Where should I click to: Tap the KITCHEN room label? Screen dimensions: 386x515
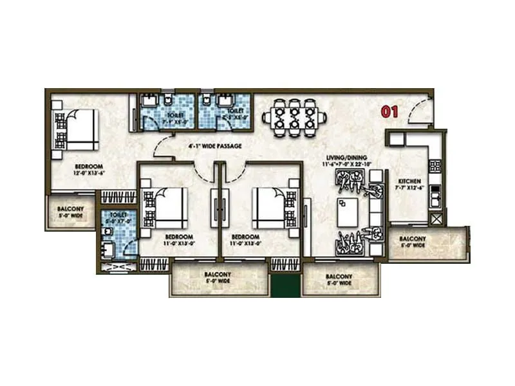(409, 181)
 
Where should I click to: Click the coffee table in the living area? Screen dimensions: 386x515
(348, 211)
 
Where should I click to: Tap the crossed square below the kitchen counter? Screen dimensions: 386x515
(437, 218)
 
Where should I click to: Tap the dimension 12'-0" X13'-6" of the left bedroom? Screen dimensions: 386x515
(77, 173)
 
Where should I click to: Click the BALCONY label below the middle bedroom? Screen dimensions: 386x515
(218, 274)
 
